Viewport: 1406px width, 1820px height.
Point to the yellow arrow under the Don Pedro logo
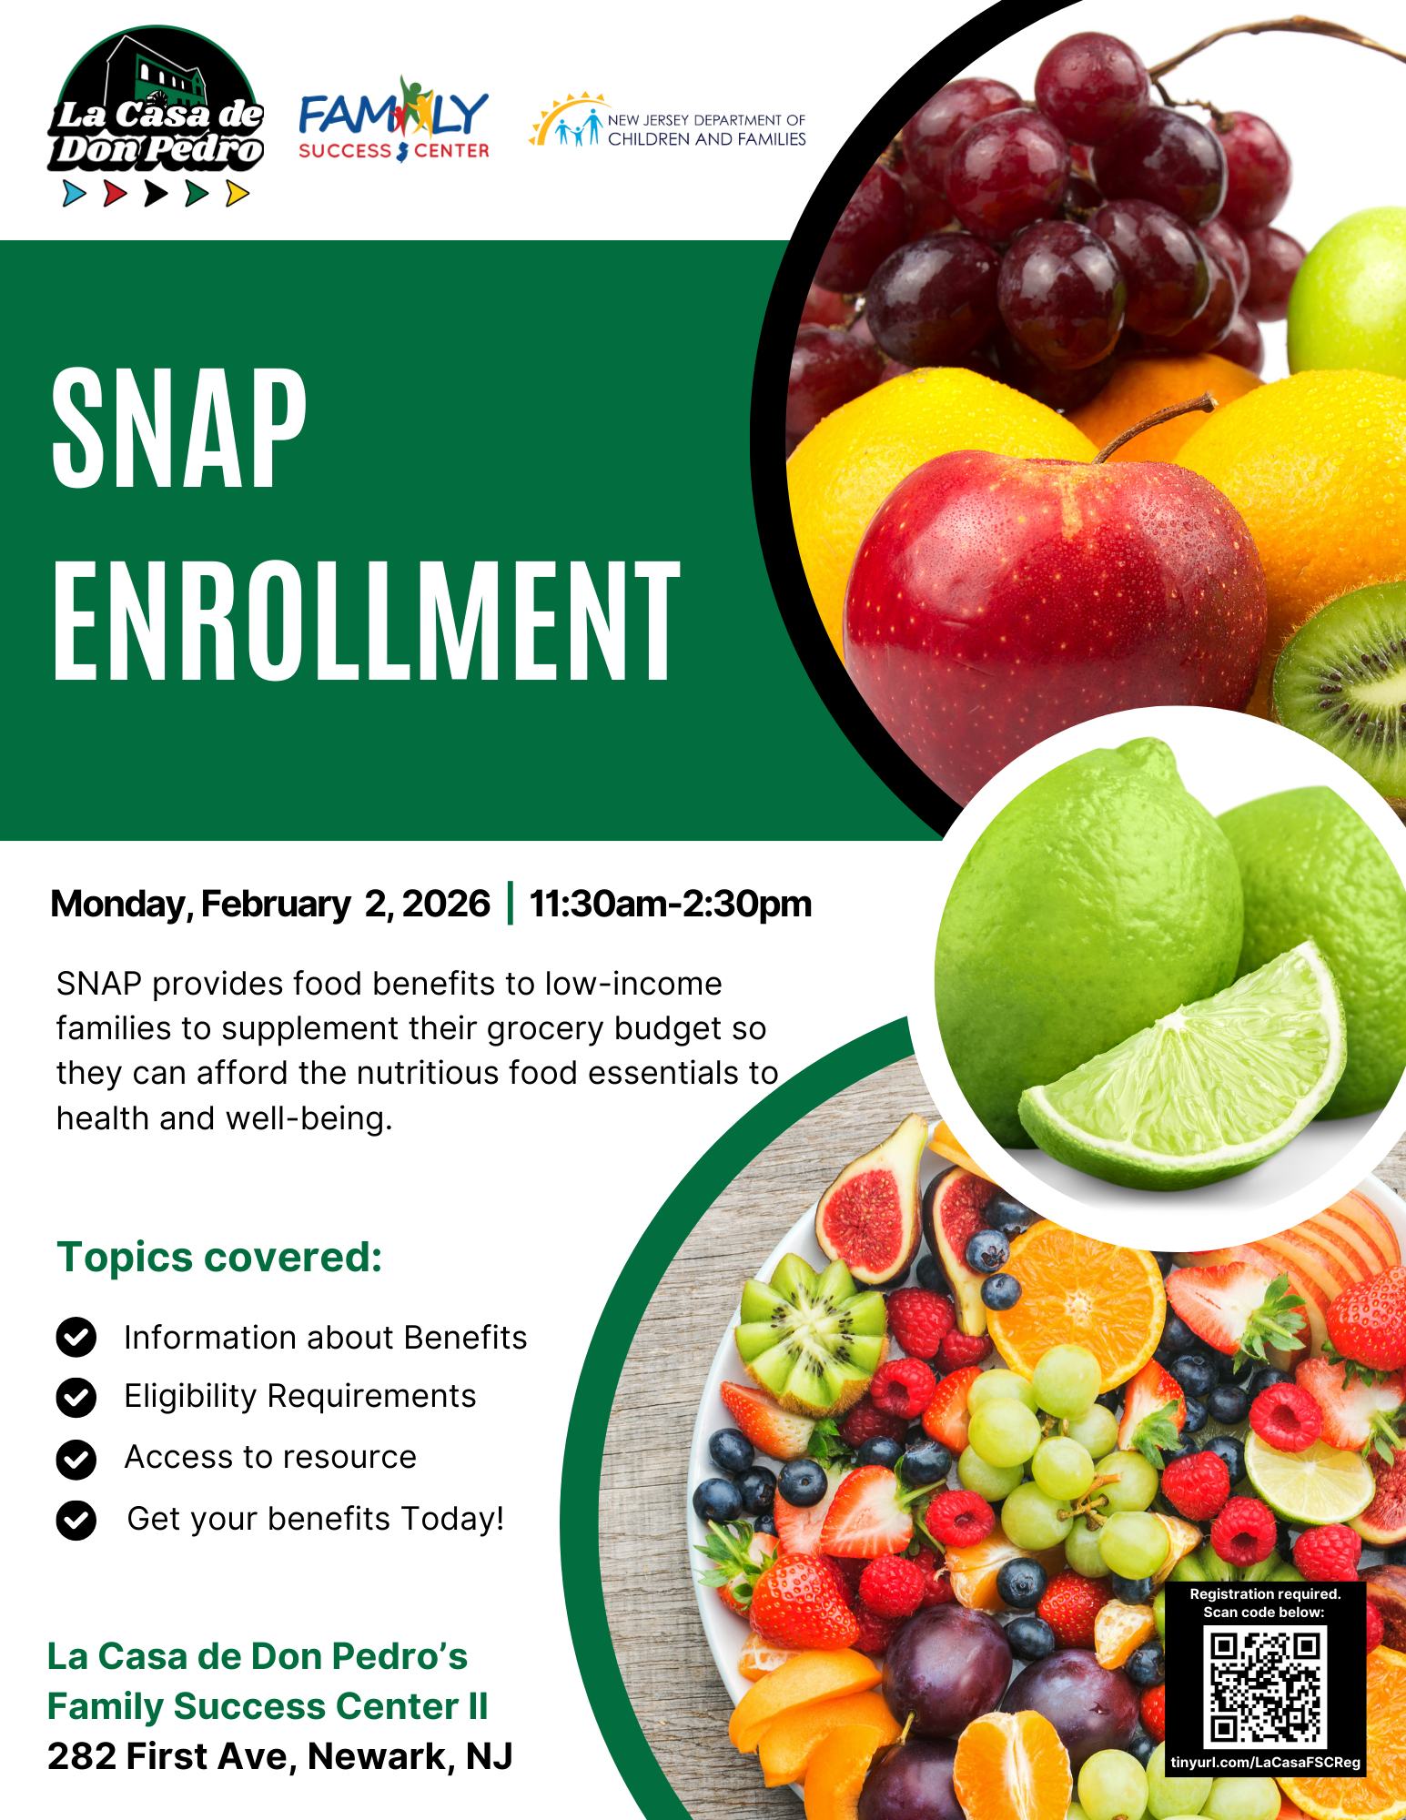pos(238,193)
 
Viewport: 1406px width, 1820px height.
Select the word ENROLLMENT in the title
pos(367,620)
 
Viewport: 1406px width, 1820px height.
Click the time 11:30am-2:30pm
pos(671,904)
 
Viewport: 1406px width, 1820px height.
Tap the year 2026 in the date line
pos(446,904)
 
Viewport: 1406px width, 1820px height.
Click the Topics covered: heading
pos(219,1257)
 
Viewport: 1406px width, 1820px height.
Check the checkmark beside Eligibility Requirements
pos(76,1397)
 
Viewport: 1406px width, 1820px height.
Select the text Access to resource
pos(270,1457)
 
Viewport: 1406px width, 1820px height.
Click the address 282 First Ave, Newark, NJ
pos(280,1756)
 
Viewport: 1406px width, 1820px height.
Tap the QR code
pos(1265,1686)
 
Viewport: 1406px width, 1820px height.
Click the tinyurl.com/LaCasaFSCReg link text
pos(1265,1762)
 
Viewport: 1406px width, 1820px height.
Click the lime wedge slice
pos(1183,1074)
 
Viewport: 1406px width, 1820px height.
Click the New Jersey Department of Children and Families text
pos(706,129)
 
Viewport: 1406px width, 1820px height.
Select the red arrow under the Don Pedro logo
pos(115,193)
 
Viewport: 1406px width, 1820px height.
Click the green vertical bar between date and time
pos(510,903)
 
